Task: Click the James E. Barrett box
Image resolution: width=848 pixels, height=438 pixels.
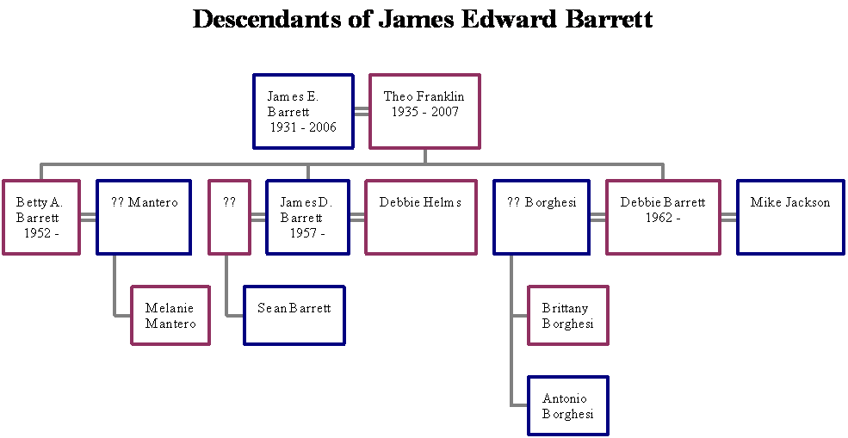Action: pos(303,111)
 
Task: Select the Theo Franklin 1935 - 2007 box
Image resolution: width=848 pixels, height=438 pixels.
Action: pos(424,111)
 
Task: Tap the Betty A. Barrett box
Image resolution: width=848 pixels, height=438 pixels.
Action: pos(41,217)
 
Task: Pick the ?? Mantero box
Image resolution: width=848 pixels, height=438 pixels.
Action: pos(144,217)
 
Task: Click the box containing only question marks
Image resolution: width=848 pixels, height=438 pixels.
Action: pos(229,217)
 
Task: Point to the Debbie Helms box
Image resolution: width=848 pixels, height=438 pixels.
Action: pos(420,217)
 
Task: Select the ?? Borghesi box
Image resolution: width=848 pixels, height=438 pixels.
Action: pos(542,217)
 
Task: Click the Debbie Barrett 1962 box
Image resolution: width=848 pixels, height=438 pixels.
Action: pos(663,217)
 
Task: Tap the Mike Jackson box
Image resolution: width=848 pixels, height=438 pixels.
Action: pos(790,217)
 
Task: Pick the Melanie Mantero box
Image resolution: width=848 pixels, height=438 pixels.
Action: pos(170,316)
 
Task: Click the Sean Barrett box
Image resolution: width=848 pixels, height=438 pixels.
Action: pos(294,315)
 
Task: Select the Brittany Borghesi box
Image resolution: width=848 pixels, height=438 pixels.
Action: pos(568,316)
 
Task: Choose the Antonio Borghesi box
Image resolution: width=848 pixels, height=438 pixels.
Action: pos(568,405)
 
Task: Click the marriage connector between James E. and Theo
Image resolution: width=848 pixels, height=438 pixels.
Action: pos(362,111)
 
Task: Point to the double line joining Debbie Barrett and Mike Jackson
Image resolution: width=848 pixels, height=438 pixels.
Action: pos(728,217)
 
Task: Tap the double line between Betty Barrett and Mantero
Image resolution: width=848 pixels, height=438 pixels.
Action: pos(88,217)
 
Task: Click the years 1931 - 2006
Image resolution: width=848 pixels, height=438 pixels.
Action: pos(303,127)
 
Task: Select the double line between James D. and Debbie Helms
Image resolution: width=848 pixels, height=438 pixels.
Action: pos(357,217)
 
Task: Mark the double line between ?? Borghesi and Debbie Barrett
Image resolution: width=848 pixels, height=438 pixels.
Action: pos(597,217)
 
